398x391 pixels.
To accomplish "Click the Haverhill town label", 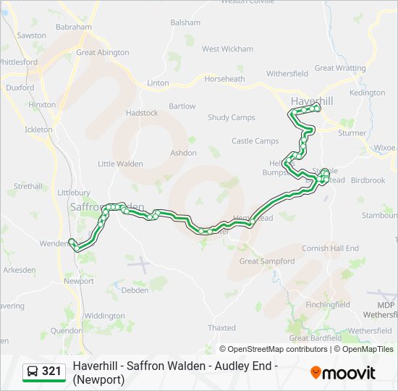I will pyautogui.click(x=312, y=101).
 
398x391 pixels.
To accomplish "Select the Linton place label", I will pyautogui.click(x=158, y=83).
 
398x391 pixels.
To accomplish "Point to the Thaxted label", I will pyautogui.click(x=221, y=328).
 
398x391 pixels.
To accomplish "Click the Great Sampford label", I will pyautogui.click(x=267, y=261).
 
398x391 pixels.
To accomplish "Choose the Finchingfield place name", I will pyautogui.click(x=327, y=305).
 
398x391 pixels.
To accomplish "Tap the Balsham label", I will pyautogui.click(x=185, y=22).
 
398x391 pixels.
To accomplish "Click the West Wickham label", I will pyautogui.click(x=227, y=49).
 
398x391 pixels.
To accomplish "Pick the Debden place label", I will pyautogui.click(x=135, y=290).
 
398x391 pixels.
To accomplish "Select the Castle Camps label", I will pyautogui.click(x=255, y=141).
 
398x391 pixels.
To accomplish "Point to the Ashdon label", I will pyautogui.click(x=183, y=153).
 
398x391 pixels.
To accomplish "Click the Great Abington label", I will pyautogui.click(x=103, y=52).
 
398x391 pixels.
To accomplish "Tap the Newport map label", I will pyautogui.click(x=78, y=281).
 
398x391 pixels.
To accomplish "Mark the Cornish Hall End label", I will pyautogui.click(x=330, y=248).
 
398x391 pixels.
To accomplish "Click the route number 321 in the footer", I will pyautogui.click(x=51, y=371).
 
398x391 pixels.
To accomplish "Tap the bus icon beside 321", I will pyautogui.click(x=33, y=371).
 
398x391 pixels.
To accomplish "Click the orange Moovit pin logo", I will pyautogui.click(x=316, y=372).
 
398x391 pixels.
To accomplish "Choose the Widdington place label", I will pyautogui.click(x=104, y=316).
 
